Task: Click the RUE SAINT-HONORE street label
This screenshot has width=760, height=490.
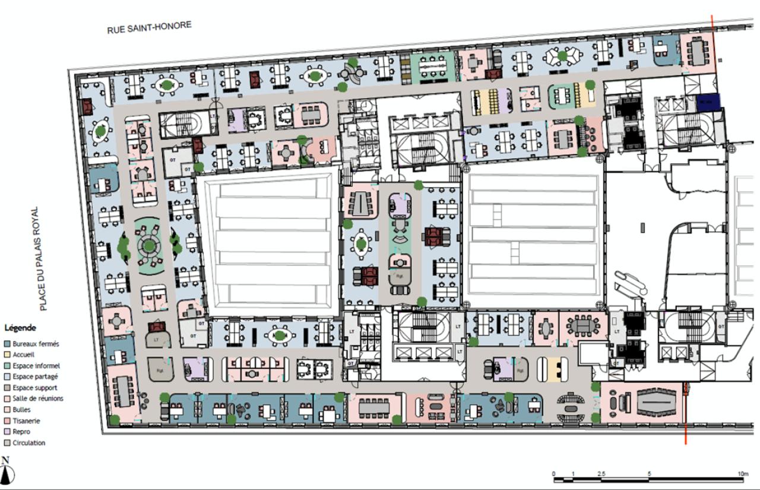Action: pyautogui.click(x=149, y=27)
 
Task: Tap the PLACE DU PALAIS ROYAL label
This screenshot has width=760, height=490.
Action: pyautogui.click(x=42, y=258)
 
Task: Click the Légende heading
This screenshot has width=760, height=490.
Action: pyautogui.click(x=20, y=327)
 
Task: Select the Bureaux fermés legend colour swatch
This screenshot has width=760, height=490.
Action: pyautogui.click(x=7, y=344)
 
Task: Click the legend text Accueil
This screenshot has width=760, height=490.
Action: pyautogui.click(x=24, y=355)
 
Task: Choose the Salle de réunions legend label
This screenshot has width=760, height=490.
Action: pyautogui.click(x=37, y=399)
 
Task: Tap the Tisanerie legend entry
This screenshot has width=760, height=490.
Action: pyautogui.click(x=27, y=421)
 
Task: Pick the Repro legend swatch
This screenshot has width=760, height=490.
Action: pyautogui.click(x=7, y=432)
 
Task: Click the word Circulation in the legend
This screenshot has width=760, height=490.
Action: pyautogui.click(x=28, y=442)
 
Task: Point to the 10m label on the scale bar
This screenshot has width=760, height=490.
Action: pyautogui.click(x=742, y=473)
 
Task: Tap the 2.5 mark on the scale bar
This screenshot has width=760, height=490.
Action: pyautogui.click(x=601, y=473)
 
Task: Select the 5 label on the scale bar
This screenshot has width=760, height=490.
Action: pyautogui.click(x=649, y=473)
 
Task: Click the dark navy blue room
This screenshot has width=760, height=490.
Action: pyautogui.click(x=708, y=102)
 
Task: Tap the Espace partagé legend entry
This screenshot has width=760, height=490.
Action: pyautogui.click(x=35, y=377)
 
